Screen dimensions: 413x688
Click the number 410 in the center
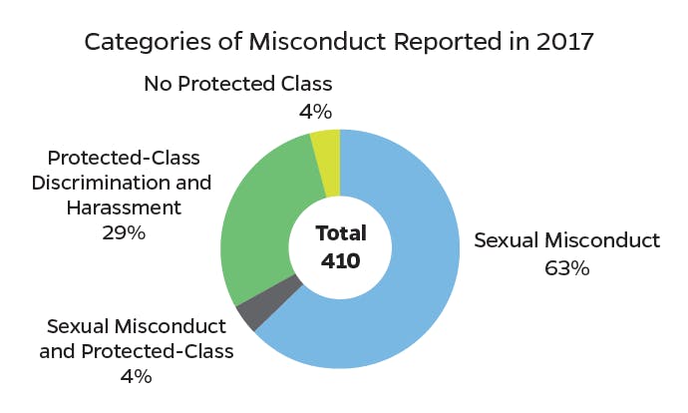341,261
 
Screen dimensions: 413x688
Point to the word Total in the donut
341,233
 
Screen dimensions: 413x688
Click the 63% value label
566,268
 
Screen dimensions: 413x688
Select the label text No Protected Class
237,84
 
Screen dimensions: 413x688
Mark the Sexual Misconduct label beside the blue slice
566,240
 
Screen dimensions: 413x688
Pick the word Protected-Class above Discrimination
124,159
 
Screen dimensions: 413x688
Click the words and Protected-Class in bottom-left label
136,351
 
